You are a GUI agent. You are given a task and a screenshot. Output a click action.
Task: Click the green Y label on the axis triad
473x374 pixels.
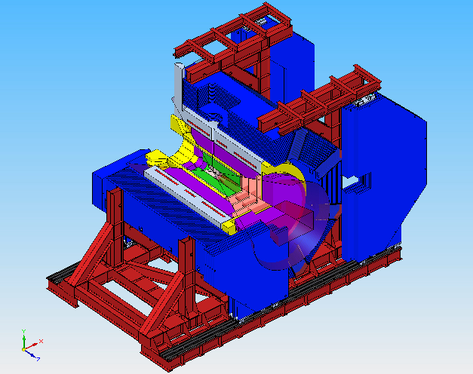click(24, 331)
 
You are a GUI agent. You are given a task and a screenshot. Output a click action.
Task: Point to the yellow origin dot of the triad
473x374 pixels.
click(25, 347)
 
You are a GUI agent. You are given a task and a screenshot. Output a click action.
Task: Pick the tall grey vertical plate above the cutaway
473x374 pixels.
click(178, 90)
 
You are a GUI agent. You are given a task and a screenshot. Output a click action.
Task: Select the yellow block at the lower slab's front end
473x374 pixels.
click(230, 223)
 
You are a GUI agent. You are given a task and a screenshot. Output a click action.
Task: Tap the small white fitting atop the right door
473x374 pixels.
click(365, 98)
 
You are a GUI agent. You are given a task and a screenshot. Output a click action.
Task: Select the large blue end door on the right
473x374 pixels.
click(385, 166)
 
